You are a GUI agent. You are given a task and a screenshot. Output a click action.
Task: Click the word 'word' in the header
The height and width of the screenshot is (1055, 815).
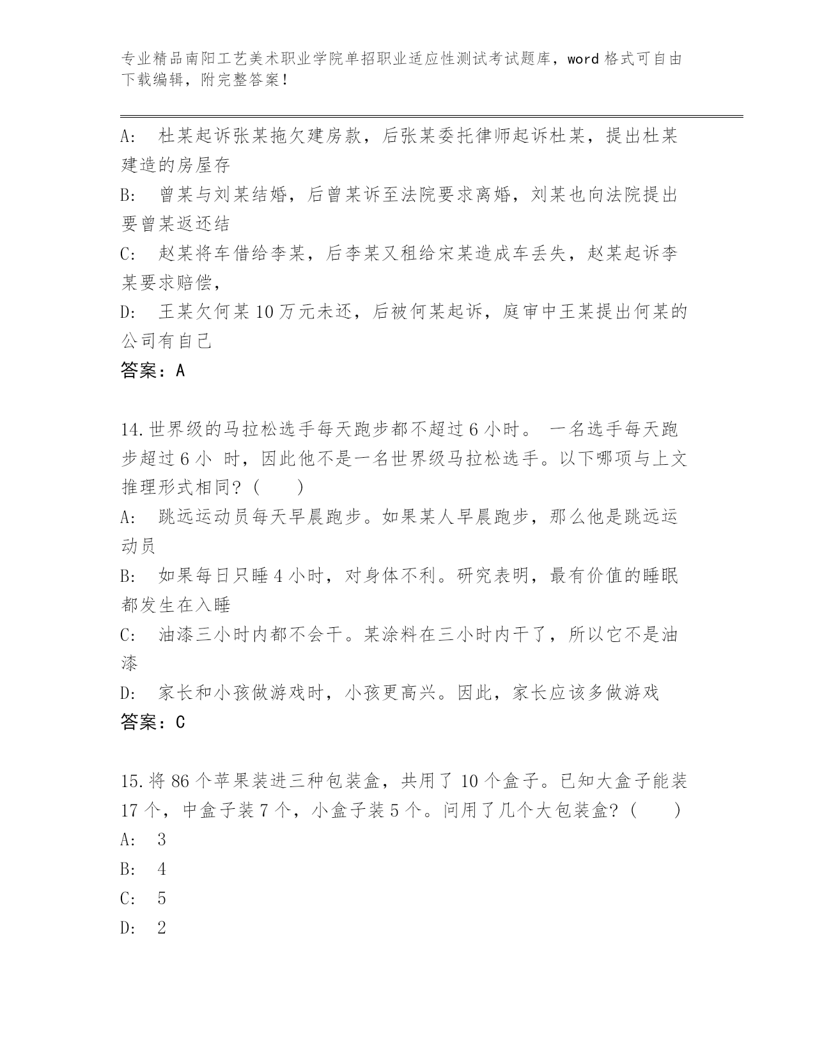pyautogui.click(x=582, y=59)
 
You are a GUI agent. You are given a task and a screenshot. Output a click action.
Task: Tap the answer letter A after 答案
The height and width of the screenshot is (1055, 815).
pyautogui.click(x=180, y=370)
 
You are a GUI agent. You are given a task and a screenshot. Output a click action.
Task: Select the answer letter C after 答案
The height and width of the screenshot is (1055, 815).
pyautogui.click(x=180, y=723)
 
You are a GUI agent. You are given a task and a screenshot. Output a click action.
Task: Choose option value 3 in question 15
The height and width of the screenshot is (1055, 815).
pyautogui.click(x=162, y=840)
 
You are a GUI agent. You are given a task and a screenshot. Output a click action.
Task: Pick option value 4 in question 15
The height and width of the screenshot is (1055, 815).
pyautogui.click(x=162, y=870)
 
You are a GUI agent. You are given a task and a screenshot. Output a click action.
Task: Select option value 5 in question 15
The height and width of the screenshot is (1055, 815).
pyautogui.click(x=162, y=899)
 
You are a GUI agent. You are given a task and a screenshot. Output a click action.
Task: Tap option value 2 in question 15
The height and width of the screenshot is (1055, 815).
pyautogui.click(x=162, y=928)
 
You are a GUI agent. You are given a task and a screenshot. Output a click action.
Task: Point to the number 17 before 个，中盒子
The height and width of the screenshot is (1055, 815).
pyautogui.click(x=130, y=811)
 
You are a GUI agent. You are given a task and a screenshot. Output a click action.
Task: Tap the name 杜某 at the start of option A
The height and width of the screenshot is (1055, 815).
pyautogui.click(x=176, y=136)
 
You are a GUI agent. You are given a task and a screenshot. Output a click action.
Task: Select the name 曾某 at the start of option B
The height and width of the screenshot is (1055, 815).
pyautogui.click(x=176, y=194)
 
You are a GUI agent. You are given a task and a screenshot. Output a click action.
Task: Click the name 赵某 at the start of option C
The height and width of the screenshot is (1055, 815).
pyautogui.click(x=176, y=253)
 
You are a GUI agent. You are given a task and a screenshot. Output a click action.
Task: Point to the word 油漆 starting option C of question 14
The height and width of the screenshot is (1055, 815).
pyautogui.click(x=176, y=635)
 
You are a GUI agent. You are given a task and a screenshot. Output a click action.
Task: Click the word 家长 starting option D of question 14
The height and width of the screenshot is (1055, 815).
pyautogui.click(x=176, y=693)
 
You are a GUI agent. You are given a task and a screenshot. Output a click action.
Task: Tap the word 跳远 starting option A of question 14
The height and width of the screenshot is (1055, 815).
pyautogui.click(x=176, y=517)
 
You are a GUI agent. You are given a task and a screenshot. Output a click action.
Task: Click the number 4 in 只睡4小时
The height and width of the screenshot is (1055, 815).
pyautogui.click(x=277, y=576)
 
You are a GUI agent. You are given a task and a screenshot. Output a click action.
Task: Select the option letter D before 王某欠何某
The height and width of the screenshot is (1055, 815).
pyautogui.click(x=126, y=312)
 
